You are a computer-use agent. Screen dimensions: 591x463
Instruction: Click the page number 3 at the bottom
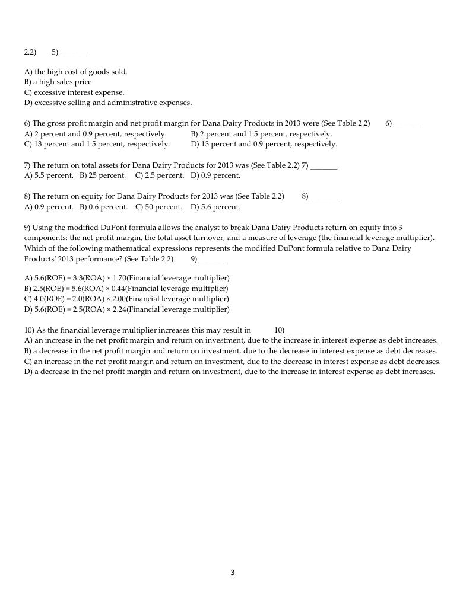(232, 573)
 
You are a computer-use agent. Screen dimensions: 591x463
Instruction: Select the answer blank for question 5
(74, 53)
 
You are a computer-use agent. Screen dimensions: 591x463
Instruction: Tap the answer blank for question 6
(407, 124)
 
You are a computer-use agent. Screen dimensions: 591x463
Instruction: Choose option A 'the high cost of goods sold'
(76, 72)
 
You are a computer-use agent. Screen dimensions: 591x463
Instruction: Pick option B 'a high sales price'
(59, 82)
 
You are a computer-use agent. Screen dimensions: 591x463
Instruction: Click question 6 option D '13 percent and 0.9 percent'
(264, 144)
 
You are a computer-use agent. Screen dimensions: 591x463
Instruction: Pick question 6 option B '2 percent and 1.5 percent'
(261, 134)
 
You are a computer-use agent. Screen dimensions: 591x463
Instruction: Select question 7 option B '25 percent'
(103, 175)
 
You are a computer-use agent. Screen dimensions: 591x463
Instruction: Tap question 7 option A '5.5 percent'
(49, 175)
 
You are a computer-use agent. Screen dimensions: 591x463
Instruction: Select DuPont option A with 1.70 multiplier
(126, 278)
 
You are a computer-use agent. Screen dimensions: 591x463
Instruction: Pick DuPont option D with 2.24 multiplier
(126, 309)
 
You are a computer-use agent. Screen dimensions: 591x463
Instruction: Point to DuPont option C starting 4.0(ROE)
(126, 299)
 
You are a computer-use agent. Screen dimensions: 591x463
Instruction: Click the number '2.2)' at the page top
(30, 52)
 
